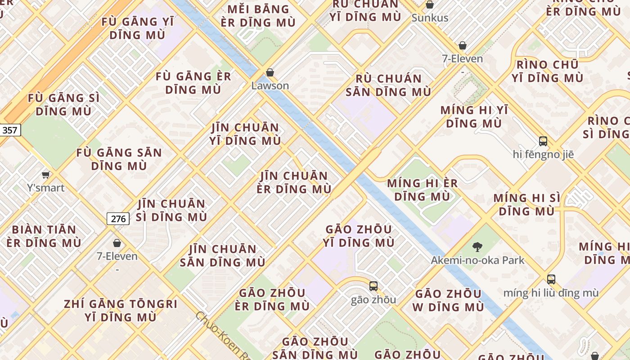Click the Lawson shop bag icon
[x=270, y=72]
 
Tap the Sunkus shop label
[x=430, y=18]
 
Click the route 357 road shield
[x=9, y=130]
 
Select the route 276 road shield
[x=118, y=219]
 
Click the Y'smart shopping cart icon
[x=45, y=175]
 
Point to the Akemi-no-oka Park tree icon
[x=477, y=247]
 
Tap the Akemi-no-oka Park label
[x=477, y=260]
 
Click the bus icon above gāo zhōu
[x=373, y=286]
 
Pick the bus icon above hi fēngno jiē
[x=543, y=141]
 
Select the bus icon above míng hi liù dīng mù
[x=551, y=279]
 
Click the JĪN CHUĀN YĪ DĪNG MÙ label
[x=245, y=134]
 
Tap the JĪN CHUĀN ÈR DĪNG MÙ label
[x=294, y=182]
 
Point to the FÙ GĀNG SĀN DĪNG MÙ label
[x=119, y=159]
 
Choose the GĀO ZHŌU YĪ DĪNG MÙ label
[x=358, y=236]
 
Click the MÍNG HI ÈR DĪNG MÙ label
[x=422, y=190]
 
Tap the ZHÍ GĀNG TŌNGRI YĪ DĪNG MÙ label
[x=121, y=310]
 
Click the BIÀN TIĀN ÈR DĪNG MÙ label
[x=44, y=236]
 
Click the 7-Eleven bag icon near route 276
[x=117, y=243]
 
